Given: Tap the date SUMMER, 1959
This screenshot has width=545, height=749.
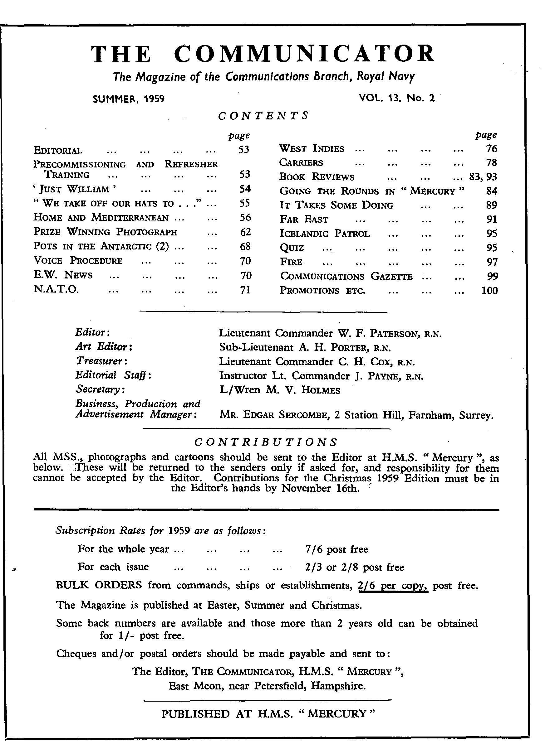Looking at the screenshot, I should tap(129, 99).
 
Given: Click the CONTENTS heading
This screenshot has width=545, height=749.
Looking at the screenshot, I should tap(263, 116).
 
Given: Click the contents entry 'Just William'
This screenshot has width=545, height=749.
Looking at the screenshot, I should tap(75, 189).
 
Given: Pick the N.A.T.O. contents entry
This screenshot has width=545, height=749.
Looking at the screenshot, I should tap(56, 290).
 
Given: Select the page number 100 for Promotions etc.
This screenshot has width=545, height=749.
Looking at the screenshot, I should tap(489, 291).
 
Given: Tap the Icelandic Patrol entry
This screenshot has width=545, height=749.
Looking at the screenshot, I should tap(325, 234).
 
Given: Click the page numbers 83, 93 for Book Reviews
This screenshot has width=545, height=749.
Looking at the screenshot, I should tap(483, 177).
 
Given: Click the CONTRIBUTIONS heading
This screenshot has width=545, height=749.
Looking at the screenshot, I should tap(266, 442).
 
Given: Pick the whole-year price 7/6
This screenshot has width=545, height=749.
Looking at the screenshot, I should tap(313, 549).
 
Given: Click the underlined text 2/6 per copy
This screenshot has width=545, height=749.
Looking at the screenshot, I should tap(393, 586).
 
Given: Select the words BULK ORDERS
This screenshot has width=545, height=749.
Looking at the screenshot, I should tap(99, 586).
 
